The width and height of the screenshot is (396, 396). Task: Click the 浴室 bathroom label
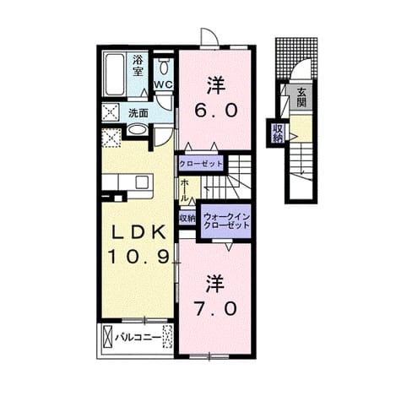pos(138,65)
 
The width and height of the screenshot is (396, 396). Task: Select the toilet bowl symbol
pos(163,67)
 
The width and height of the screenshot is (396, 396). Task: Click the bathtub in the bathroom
pos(115,74)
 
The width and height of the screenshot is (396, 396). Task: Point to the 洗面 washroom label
pos(138,113)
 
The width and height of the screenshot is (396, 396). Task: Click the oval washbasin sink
pos(137,131)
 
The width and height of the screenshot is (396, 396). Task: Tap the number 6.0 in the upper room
pos(215,110)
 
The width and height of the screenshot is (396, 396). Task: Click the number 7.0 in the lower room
pos(215,309)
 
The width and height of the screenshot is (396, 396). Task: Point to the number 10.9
pos(139,257)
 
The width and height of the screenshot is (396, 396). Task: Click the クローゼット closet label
pos(201,164)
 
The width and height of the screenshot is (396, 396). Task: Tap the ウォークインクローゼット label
pos(226,221)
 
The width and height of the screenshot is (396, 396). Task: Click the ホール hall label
pos(184,190)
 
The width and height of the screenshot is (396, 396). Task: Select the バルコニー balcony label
pos(138,338)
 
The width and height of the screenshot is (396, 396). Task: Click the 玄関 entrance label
pos(301,97)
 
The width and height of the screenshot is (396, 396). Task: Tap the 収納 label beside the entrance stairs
pos(277,133)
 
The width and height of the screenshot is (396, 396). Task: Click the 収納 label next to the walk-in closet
pos(187,219)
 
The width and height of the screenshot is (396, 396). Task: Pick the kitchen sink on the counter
pos(142,182)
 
